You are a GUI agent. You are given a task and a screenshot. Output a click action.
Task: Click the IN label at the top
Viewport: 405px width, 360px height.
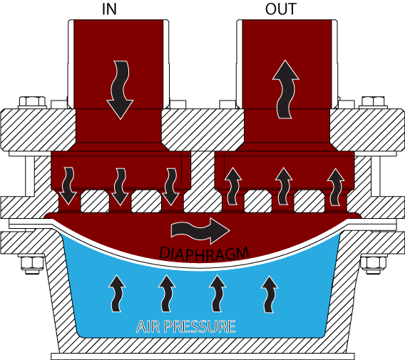coord(109,9)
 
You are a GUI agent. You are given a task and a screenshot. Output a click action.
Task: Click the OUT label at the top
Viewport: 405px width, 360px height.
coord(281,9)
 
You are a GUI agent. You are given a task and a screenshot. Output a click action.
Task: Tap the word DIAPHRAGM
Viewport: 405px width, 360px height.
coord(204,253)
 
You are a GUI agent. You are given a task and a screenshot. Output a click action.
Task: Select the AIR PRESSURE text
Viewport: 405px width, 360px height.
coord(185,326)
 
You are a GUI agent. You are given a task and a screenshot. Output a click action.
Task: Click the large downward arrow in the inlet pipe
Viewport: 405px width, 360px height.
coord(119,90)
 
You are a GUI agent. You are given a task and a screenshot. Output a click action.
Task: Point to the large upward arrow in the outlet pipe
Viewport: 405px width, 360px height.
coord(285,89)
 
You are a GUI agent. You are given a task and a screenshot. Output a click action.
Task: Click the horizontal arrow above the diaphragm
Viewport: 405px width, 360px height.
coord(200,231)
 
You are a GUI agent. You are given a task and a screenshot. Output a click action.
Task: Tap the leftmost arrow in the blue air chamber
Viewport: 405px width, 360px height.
coord(116,294)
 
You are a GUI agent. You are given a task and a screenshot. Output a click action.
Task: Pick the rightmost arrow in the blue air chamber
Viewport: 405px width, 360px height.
coord(270,294)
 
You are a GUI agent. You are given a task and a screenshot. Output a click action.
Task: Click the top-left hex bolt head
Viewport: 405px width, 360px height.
coord(32,101)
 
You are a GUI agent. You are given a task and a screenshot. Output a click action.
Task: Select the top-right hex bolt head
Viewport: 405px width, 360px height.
coord(373,101)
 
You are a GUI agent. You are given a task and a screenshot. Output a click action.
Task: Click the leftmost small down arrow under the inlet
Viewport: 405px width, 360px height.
coord(68,186)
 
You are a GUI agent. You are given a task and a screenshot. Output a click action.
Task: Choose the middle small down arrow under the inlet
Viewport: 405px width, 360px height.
coord(120,187)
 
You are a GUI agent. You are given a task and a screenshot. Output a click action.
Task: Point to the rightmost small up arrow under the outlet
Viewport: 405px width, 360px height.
coord(336,187)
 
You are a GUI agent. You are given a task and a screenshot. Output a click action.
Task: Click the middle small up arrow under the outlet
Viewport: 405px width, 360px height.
coord(284,186)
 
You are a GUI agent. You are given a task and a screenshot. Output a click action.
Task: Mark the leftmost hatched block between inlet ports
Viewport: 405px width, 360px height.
coord(95,202)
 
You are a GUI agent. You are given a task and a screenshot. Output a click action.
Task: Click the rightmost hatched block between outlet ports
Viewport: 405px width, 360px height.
coord(309,202)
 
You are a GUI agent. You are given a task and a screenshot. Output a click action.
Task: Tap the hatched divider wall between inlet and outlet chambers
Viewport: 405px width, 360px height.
coord(202,182)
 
